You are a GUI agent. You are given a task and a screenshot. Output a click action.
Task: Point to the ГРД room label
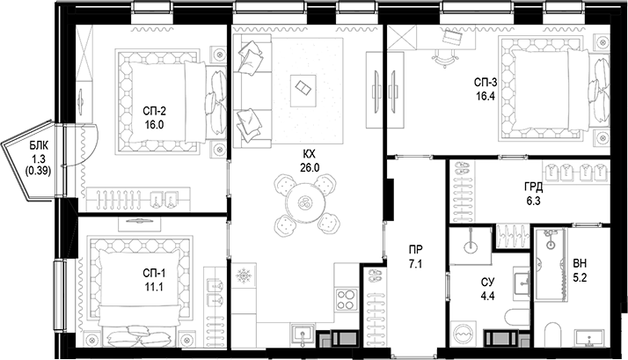click(534, 187)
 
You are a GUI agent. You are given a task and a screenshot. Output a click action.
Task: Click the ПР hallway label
click(414, 249)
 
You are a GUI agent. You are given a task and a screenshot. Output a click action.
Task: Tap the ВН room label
click(580, 263)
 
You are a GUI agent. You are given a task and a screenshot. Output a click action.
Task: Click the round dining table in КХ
click(305, 202)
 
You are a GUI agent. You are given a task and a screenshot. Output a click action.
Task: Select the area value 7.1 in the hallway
click(414, 262)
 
